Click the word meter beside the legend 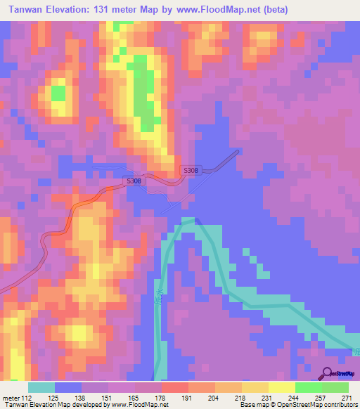point(12,398)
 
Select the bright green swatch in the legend point(309,387)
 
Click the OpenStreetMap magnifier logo point(328,373)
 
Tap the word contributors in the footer point(334,405)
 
